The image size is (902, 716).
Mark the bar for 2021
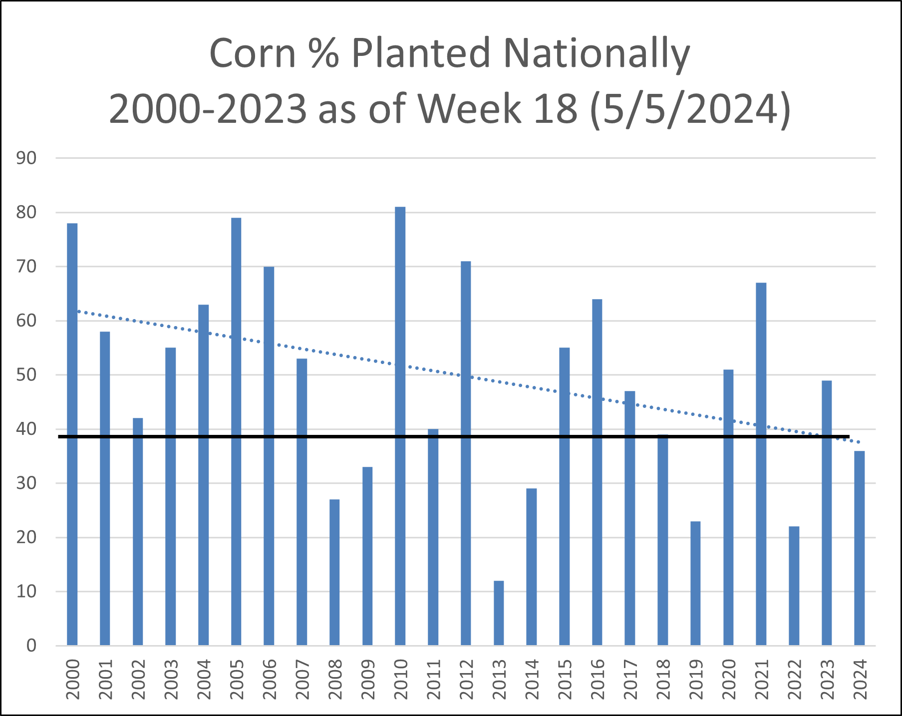(x=761, y=464)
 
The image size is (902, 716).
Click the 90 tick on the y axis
(x=26, y=158)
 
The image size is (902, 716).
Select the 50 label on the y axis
(x=26, y=375)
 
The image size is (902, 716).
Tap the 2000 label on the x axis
(x=73, y=679)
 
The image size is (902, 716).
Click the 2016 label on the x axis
(x=598, y=679)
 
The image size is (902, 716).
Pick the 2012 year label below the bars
(x=466, y=679)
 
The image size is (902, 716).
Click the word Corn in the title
(x=253, y=53)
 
